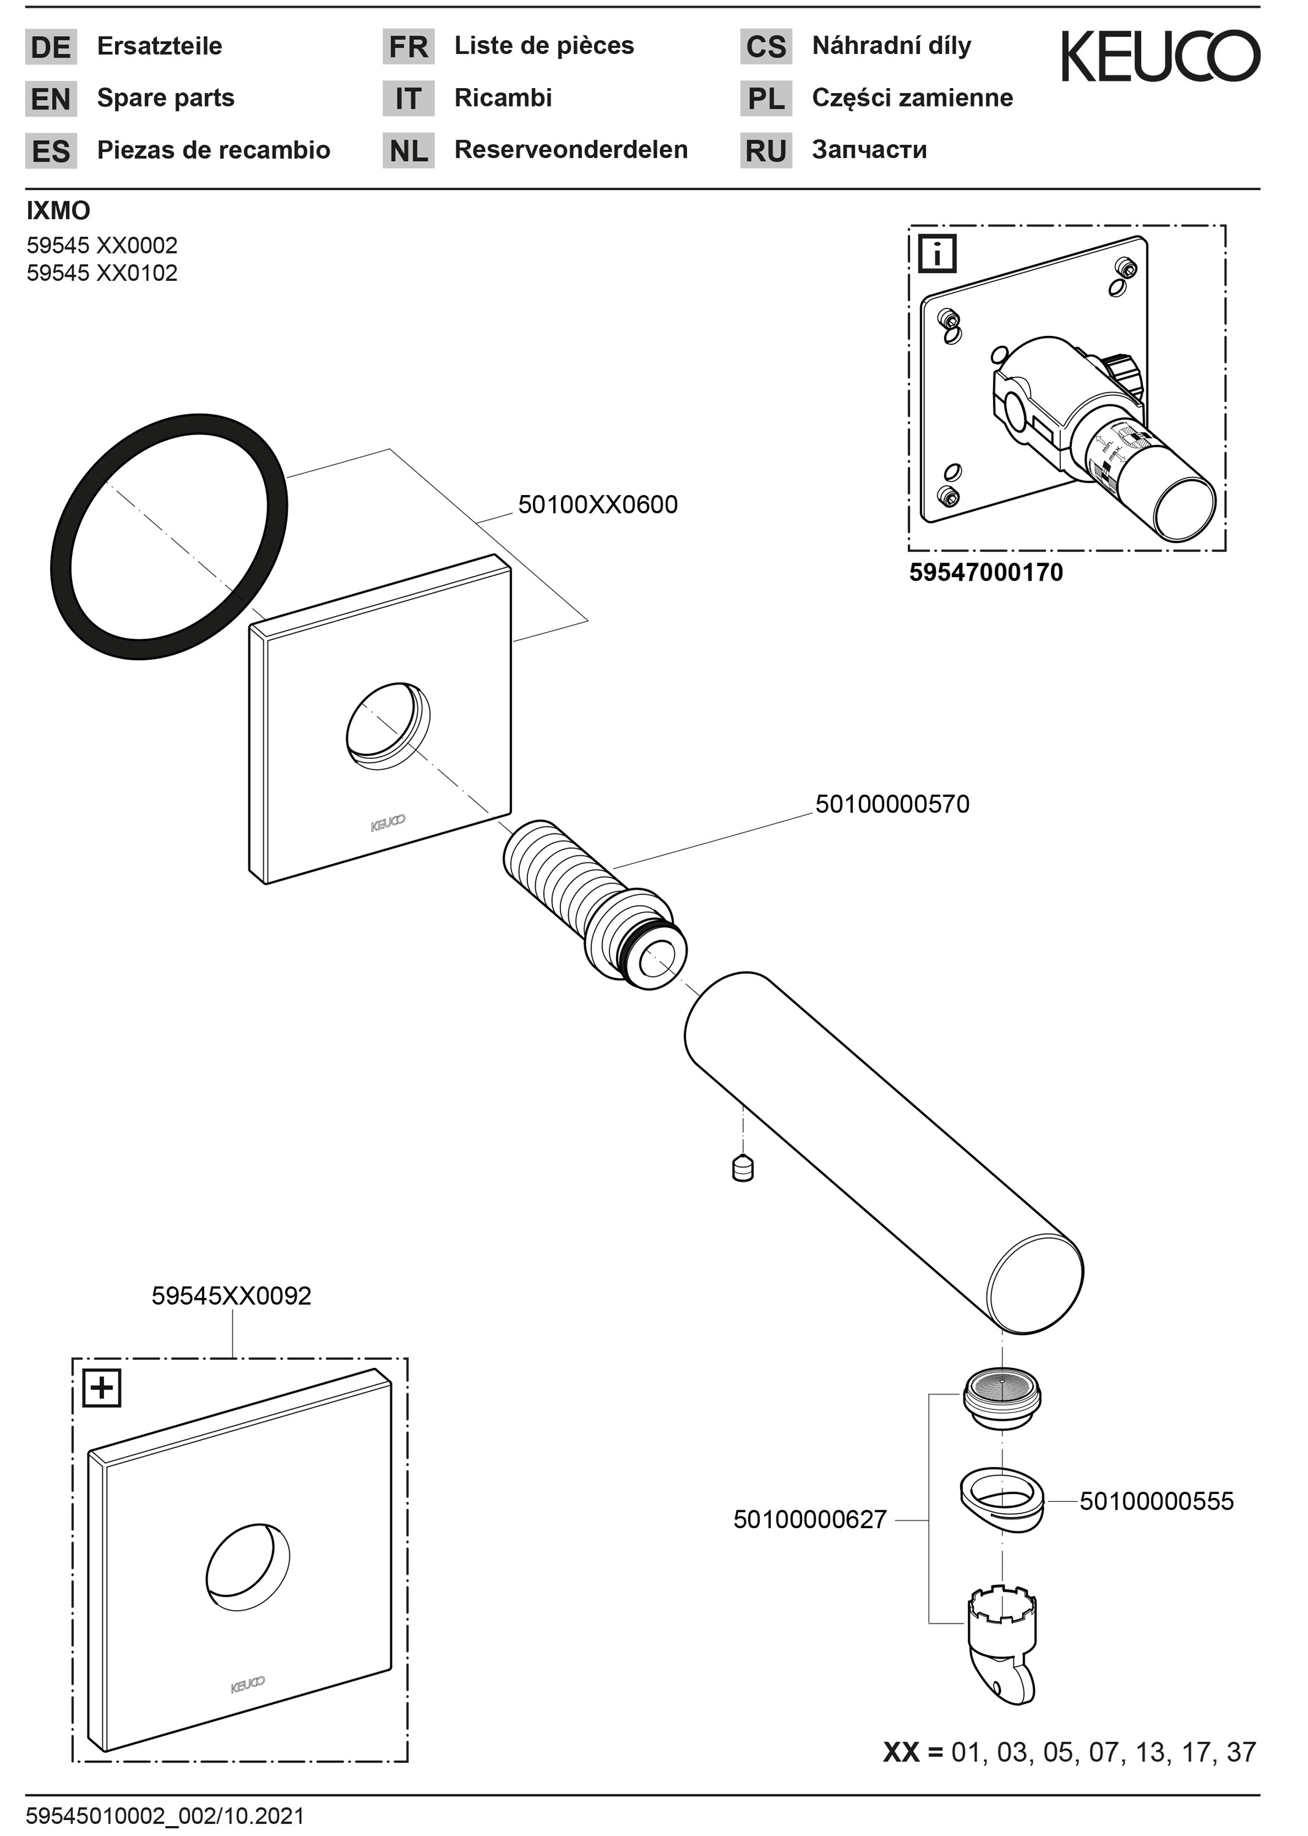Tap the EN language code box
pos(51,99)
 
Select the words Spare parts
pos(165,99)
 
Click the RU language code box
pos(765,151)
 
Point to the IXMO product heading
pos(58,211)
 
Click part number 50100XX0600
pos(597,505)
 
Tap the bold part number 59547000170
pos(985,573)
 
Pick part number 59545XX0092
pos(231,1296)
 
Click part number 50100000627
pos(809,1520)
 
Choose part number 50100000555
pos(1156,1501)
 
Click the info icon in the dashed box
pos(937,255)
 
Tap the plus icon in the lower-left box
pos(102,1388)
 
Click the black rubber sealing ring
pos(81,612)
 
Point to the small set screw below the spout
pos(743,1168)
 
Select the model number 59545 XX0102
pos(102,273)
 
